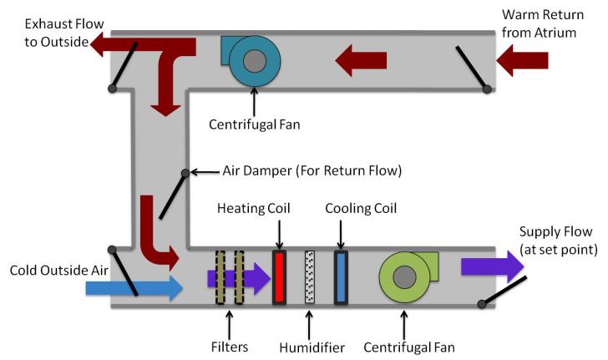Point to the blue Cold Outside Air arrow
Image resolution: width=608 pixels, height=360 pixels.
click(134, 288)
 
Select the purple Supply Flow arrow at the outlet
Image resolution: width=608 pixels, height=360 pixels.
click(492, 266)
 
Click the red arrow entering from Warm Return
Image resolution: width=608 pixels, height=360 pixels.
click(522, 59)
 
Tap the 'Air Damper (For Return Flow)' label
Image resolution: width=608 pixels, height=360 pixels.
click(312, 171)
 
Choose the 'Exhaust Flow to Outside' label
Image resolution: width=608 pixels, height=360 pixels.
click(52, 29)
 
